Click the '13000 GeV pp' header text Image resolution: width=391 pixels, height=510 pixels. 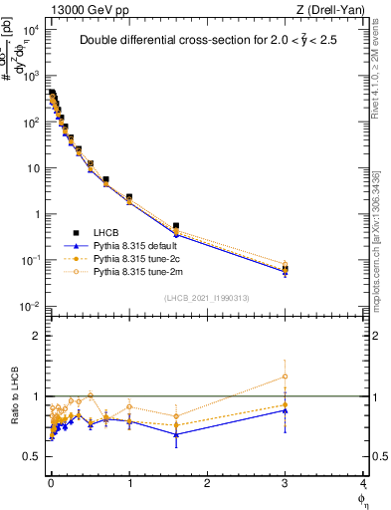pyautogui.click(x=87, y=9)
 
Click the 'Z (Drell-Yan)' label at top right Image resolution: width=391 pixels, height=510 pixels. pyautogui.click(x=330, y=9)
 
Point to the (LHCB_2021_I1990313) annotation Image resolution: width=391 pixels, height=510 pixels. pyautogui.click(x=207, y=298)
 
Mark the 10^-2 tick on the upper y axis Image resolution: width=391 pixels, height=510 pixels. pyautogui.click(x=30, y=306)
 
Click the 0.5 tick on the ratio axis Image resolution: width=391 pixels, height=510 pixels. pyautogui.click(x=32, y=456)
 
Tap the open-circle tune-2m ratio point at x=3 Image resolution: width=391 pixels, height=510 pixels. pyautogui.click(x=286, y=377)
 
